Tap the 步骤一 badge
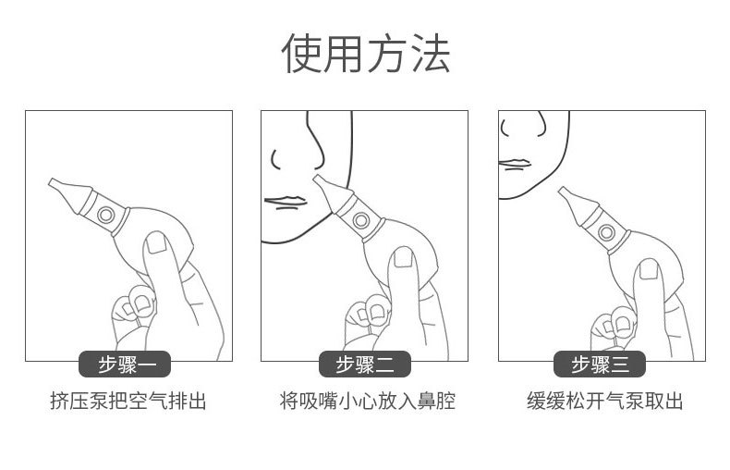tap(128, 365)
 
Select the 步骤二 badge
tap(364, 365)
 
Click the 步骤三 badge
tap(601, 365)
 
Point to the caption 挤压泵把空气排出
tap(128, 402)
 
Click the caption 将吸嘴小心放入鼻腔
tap(367, 402)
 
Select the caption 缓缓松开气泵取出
tap(604, 402)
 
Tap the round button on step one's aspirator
tap(107, 216)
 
